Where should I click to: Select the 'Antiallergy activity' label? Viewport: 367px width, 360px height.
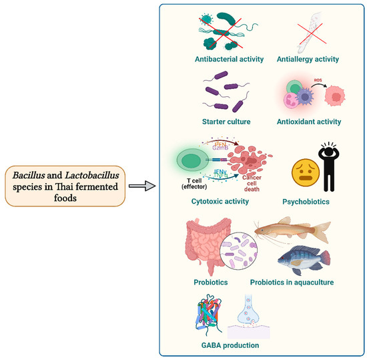point(308,59)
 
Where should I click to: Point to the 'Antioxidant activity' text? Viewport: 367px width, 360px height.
point(309,122)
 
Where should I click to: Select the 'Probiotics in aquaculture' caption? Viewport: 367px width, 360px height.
point(292,283)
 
